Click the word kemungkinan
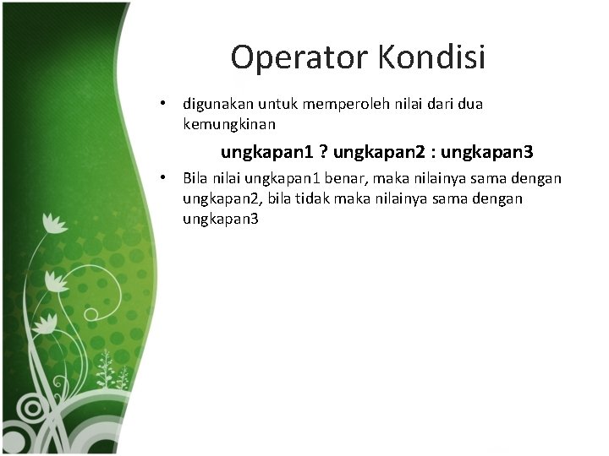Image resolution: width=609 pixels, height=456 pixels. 229,124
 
